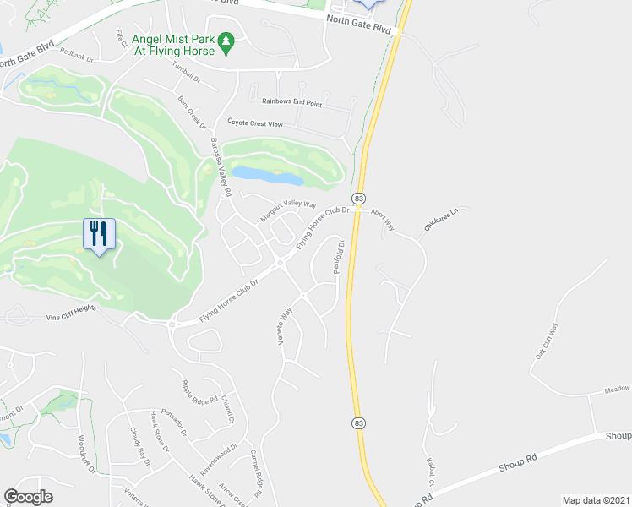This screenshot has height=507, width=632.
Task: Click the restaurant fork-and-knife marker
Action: pyautogui.click(x=99, y=234)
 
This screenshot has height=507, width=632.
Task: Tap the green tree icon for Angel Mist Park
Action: pyautogui.click(x=226, y=42)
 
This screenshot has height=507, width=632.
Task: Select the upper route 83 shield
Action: pyautogui.click(x=360, y=197)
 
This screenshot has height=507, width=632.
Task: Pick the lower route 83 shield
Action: pyautogui.click(x=359, y=422)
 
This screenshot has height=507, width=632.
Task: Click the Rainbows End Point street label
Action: pyautogui.click(x=291, y=103)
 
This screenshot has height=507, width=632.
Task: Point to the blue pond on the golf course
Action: pyautogui.click(x=267, y=176)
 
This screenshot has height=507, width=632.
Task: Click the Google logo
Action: pyautogui.click(x=28, y=496)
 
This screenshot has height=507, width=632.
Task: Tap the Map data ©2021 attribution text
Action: pyautogui.click(x=596, y=500)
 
